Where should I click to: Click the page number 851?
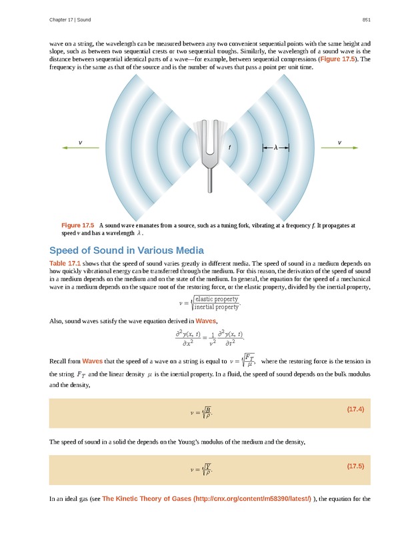(366, 19)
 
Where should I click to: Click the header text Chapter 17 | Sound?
(70, 19)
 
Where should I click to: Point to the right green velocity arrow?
(339, 148)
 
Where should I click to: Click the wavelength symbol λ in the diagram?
(275, 148)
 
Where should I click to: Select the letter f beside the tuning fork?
(229, 147)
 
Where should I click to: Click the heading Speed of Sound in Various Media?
(126, 251)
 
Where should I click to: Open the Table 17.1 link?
(65, 263)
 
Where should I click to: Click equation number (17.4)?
(355, 408)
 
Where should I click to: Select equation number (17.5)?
(355, 466)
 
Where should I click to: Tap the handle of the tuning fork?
(210, 178)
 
